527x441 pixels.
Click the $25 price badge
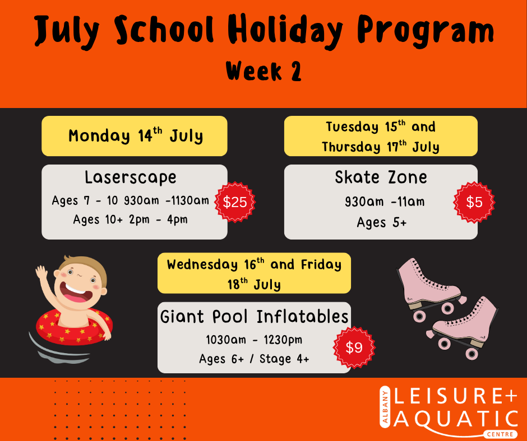(x=235, y=202)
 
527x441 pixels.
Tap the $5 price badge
(x=474, y=202)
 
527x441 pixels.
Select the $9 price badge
(x=354, y=348)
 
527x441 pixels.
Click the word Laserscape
(x=131, y=177)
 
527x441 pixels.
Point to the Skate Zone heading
(x=381, y=177)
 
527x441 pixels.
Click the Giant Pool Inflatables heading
(x=254, y=317)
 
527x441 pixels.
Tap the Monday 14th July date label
(x=136, y=136)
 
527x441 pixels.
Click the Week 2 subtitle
(x=263, y=71)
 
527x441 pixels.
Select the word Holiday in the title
(x=285, y=31)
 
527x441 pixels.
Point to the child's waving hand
(x=41, y=272)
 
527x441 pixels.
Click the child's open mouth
(x=75, y=293)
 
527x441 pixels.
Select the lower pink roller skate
(x=464, y=329)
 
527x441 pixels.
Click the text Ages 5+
(x=382, y=223)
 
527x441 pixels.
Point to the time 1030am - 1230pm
(x=254, y=340)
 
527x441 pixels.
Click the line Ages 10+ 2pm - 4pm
(x=131, y=219)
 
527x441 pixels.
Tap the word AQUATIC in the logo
(x=455, y=419)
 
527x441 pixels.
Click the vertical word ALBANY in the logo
(x=385, y=407)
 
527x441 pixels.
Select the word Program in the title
(x=426, y=31)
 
